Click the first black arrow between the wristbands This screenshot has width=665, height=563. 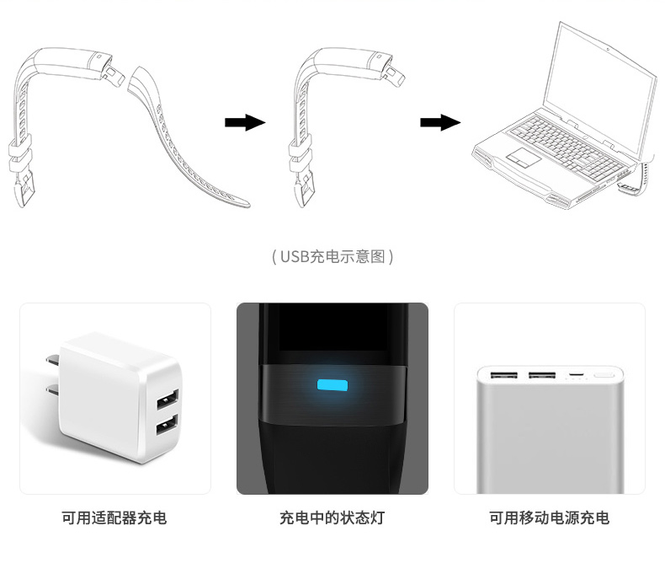pyautogui.click(x=244, y=123)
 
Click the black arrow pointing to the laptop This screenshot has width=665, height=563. pyautogui.click(x=439, y=123)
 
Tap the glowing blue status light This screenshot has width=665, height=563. pyautogui.click(x=332, y=386)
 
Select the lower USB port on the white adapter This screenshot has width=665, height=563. pyautogui.click(x=166, y=425)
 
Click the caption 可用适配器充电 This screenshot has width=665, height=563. pyautogui.click(x=114, y=517)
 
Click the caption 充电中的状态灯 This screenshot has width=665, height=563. pyautogui.click(x=332, y=517)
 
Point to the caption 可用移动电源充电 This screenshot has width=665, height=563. pyautogui.click(x=549, y=517)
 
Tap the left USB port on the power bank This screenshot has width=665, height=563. pyautogui.click(x=504, y=375)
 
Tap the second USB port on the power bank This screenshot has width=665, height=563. pyautogui.click(x=541, y=375)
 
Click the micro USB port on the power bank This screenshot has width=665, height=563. pyautogui.click(x=576, y=374)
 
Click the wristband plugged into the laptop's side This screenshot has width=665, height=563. pyautogui.click(x=638, y=177)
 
